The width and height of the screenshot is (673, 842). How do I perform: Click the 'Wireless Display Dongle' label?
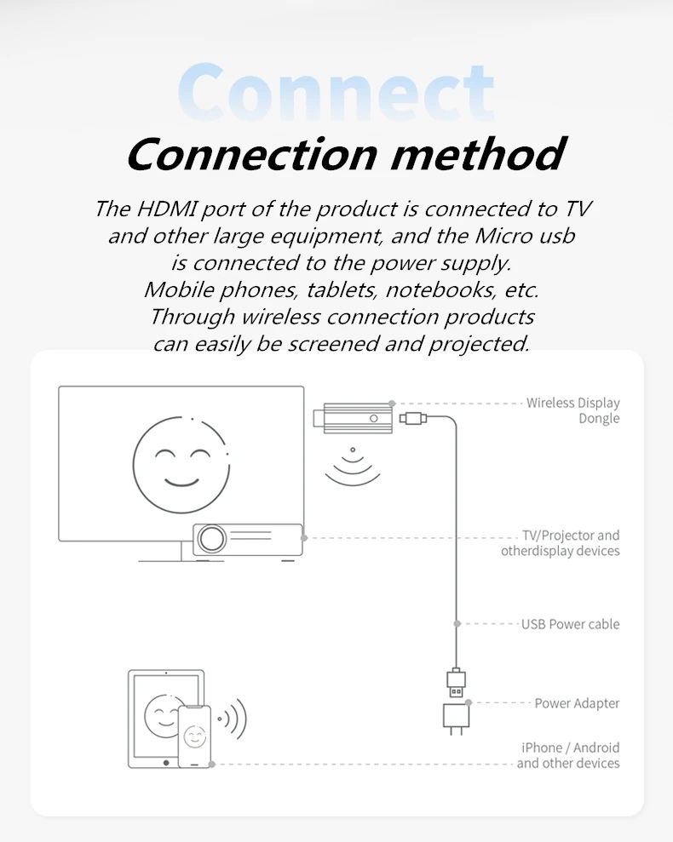pyautogui.click(x=572, y=410)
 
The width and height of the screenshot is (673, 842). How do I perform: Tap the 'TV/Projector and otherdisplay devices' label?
pyautogui.click(x=560, y=543)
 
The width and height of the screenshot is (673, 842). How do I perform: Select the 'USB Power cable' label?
pyautogui.click(x=570, y=624)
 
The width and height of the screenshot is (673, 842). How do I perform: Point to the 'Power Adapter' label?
pyautogui.click(x=577, y=703)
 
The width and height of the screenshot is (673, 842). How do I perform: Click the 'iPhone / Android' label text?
pyautogui.click(x=570, y=747)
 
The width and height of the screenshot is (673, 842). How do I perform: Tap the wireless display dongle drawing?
pyautogui.click(x=355, y=418)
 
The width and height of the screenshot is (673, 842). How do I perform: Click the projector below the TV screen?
pyautogui.click(x=247, y=539)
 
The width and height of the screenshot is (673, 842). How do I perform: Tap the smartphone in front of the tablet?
pyautogui.click(x=194, y=736)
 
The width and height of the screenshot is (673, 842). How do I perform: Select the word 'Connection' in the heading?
pyautogui.click(x=252, y=154)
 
